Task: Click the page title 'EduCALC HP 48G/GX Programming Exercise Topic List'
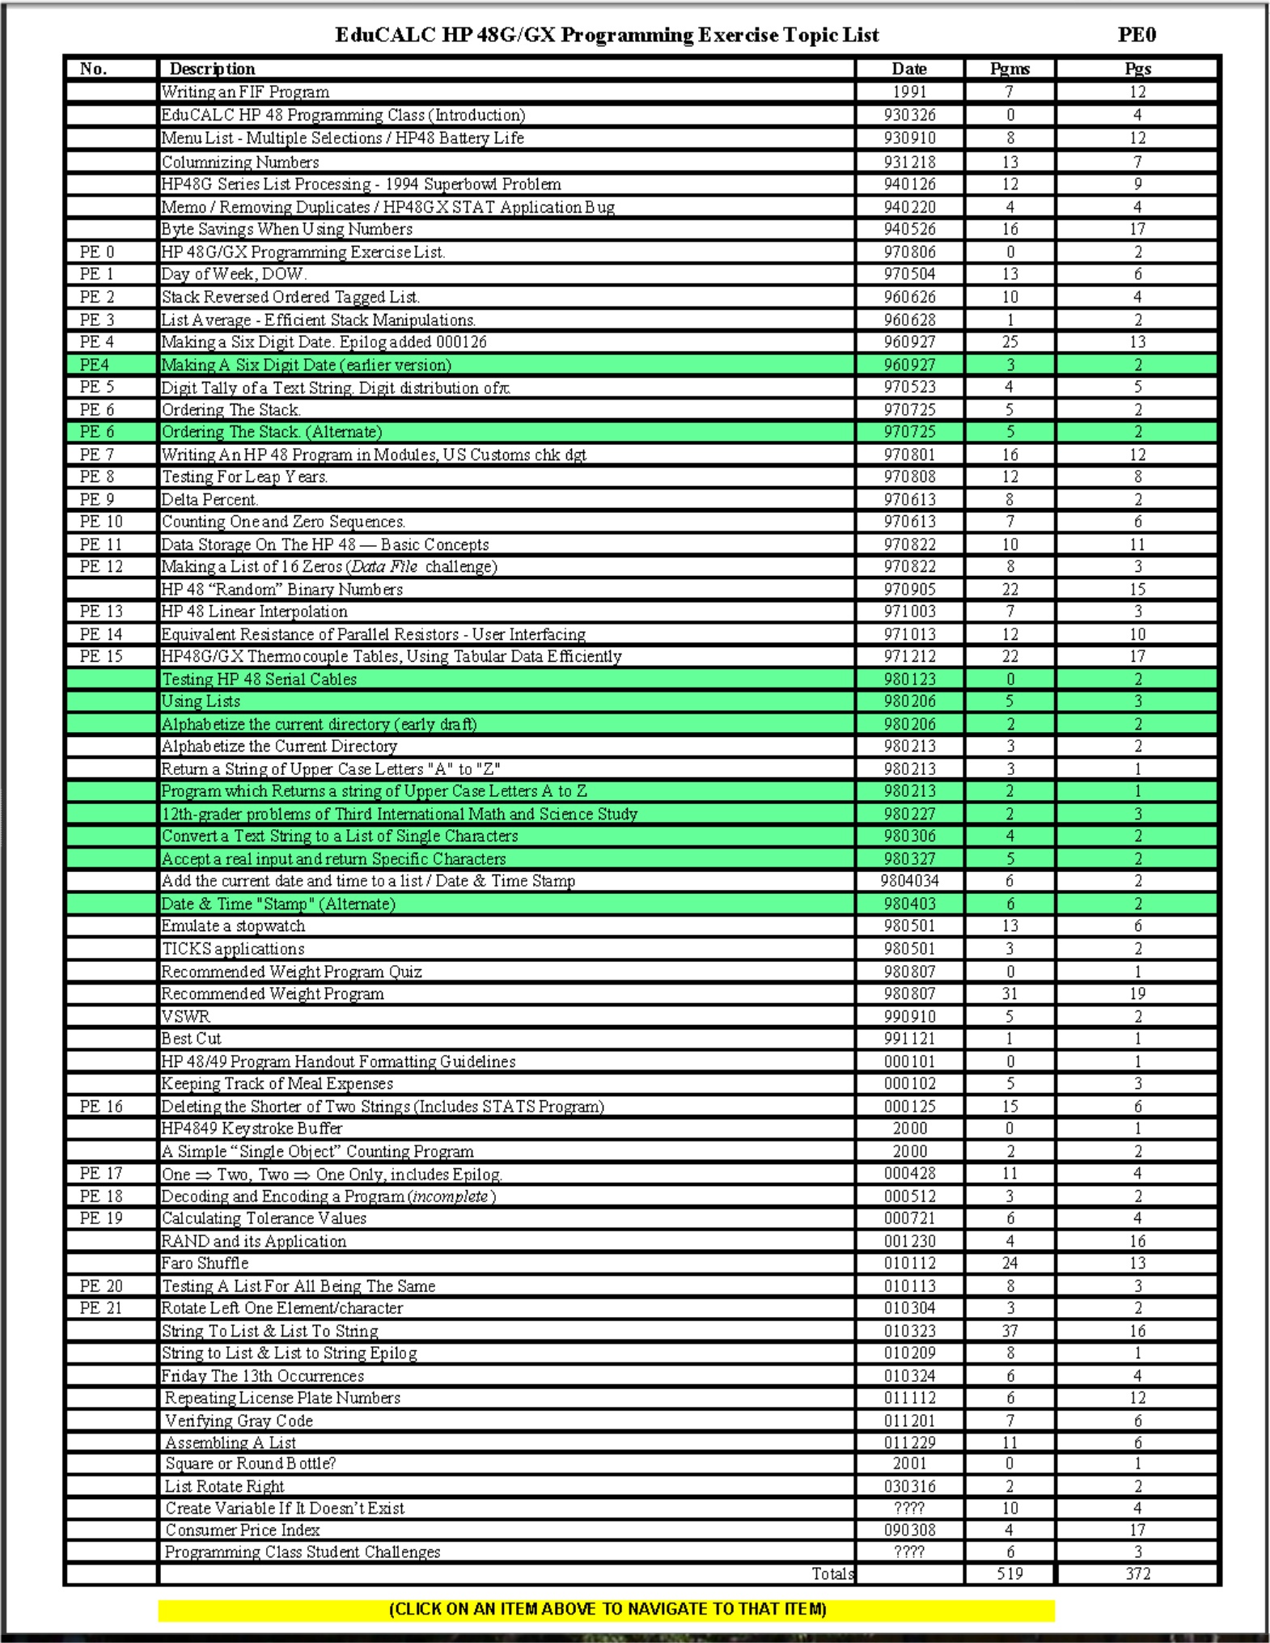click(x=607, y=35)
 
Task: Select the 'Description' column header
click(x=212, y=69)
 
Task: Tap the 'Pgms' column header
click(x=1010, y=69)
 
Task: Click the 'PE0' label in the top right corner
click(x=1137, y=35)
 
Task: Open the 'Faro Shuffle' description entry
click(x=205, y=1263)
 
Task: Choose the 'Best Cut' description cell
click(x=191, y=1039)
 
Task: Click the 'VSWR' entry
click(x=185, y=1016)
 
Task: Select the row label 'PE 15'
click(x=101, y=656)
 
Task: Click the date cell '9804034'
click(x=909, y=881)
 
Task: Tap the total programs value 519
click(x=1010, y=1573)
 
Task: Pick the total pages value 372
click(x=1137, y=1573)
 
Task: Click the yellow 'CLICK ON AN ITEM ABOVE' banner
click(x=607, y=1609)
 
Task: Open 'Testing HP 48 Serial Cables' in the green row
click(x=259, y=679)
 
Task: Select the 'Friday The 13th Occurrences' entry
click(x=262, y=1375)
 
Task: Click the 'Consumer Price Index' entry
click(x=243, y=1530)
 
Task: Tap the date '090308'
click(x=909, y=1530)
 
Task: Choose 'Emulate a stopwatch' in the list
click(x=233, y=925)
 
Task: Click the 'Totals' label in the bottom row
click(x=832, y=1573)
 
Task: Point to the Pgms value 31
click(x=1010, y=993)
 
